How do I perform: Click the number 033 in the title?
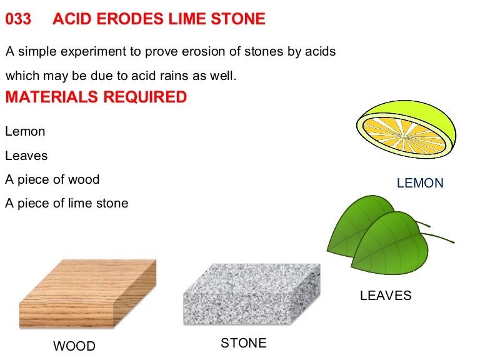coord(18,19)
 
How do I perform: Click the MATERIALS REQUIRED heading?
coord(96,97)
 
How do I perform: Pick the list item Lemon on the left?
coord(25,132)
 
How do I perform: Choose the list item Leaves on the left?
coord(26,156)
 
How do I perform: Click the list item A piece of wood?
coord(52,179)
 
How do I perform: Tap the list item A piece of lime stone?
coord(66,203)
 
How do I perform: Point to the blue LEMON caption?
coord(420,183)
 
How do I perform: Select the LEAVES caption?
coord(386,296)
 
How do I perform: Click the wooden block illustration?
coord(87,294)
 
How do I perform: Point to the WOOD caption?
coord(74,346)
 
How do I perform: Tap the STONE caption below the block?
coord(243,343)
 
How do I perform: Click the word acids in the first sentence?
coord(320,52)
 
